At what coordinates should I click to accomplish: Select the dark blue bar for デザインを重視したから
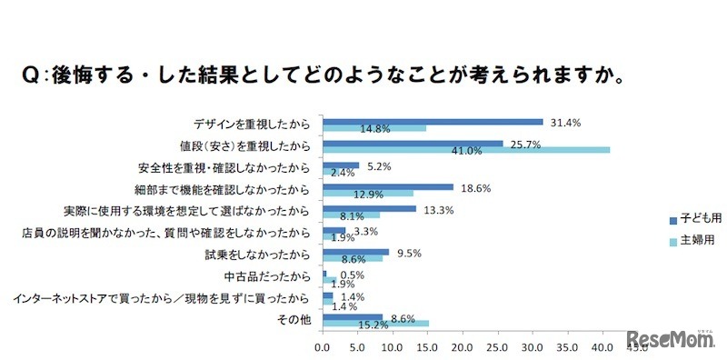pyautogui.click(x=433, y=121)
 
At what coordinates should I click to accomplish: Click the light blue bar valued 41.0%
pyautogui.click(x=466, y=150)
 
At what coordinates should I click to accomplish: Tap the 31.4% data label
pyautogui.click(x=563, y=121)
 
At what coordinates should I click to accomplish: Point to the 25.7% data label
pyautogui.click(x=523, y=144)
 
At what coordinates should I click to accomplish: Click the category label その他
pyautogui.click(x=297, y=318)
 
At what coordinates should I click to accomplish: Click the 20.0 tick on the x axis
pyautogui.click(x=463, y=346)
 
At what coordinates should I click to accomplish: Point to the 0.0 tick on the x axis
pyautogui.click(x=323, y=346)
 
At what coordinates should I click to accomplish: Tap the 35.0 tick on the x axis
pyautogui.click(x=569, y=346)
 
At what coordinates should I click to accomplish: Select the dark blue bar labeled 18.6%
pyautogui.click(x=388, y=187)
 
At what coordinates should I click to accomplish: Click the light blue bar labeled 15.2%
pyautogui.click(x=376, y=323)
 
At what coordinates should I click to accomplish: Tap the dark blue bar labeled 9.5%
pyautogui.click(x=356, y=253)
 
